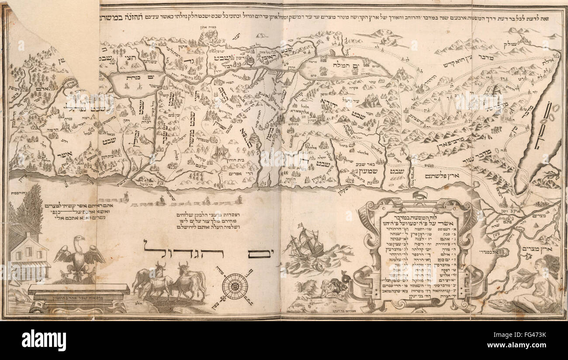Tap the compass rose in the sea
(235, 286)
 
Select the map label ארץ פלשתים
(442, 176)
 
